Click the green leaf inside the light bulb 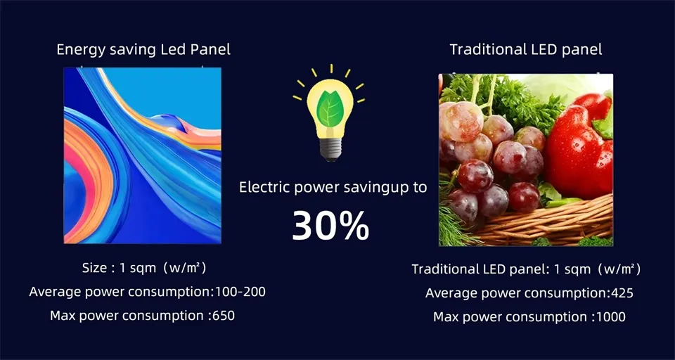pyautogui.click(x=329, y=109)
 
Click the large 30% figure pyautogui.click(x=330, y=225)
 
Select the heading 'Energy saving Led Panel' pyautogui.click(x=143, y=50)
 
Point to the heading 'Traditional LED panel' pyautogui.click(x=526, y=50)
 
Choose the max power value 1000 pyautogui.click(x=610, y=317)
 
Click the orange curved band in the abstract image pyautogui.click(x=81, y=176)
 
